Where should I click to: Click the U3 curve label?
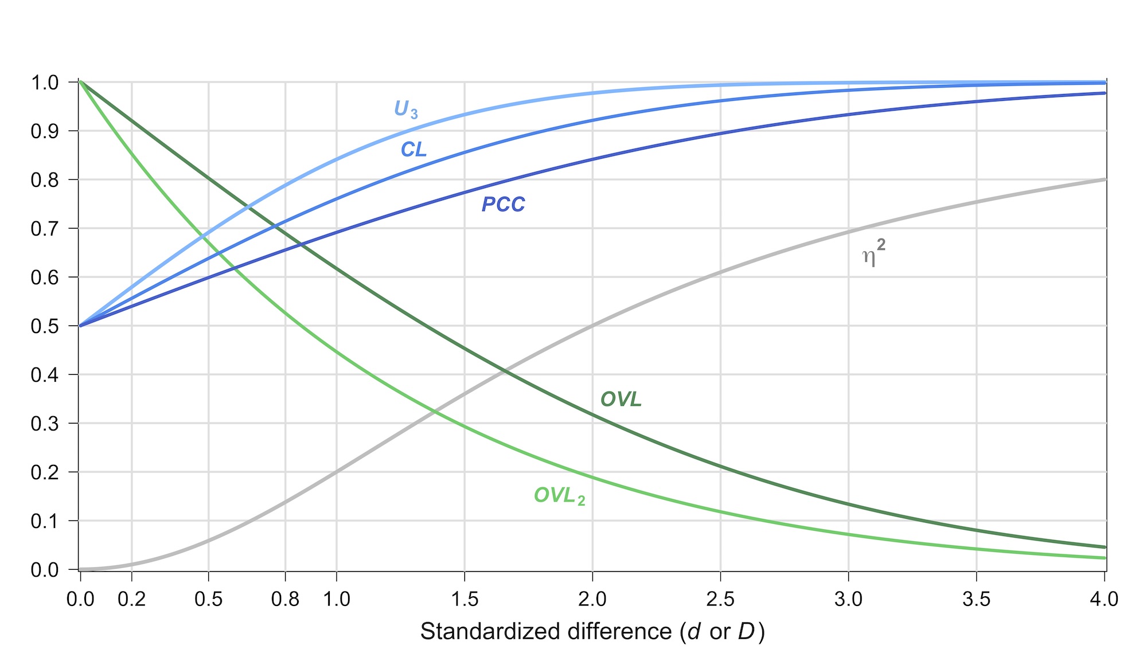tap(405, 109)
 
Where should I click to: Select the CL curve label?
tap(413, 150)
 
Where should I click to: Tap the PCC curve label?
tap(503, 205)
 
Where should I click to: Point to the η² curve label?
tap(873, 254)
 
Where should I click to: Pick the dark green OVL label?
tap(621, 400)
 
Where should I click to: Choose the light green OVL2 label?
tap(559, 496)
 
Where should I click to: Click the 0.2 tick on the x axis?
tap(131, 599)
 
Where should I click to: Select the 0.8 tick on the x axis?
tap(285, 599)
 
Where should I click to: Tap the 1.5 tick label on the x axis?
tap(465, 599)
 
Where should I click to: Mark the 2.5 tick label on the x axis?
tap(720, 599)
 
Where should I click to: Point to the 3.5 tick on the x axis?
tap(976, 599)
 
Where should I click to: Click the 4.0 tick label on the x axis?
tap(1104, 599)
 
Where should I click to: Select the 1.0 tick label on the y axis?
tap(45, 83)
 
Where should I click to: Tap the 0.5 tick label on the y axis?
tap(45, 326)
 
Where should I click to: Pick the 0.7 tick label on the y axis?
tap(45, 229)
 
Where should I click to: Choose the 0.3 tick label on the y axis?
tap(45, 424)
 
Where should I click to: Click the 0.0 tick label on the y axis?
tap(45, 570)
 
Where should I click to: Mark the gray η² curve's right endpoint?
tap(1105, 180)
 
